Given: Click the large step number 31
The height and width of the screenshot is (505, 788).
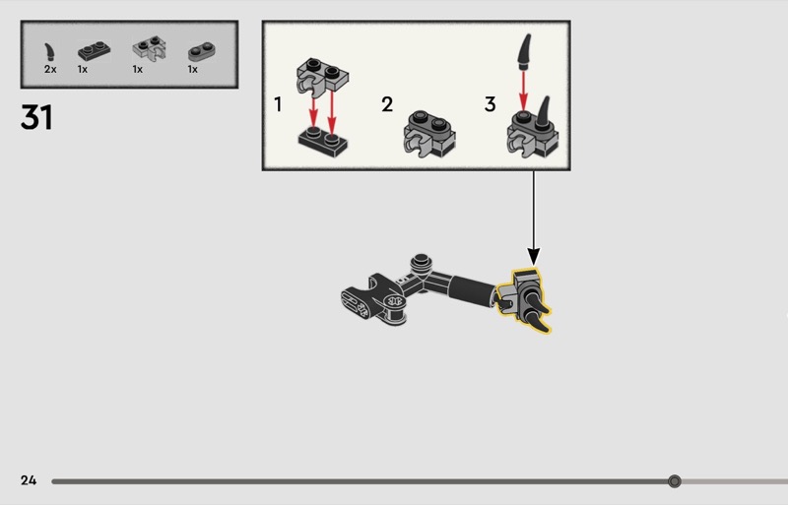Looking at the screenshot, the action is click(x=36, y=117).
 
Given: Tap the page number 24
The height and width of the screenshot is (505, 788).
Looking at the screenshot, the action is click(x=29, y=480).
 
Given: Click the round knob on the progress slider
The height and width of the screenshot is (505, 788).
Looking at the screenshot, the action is click(x=675, y=481).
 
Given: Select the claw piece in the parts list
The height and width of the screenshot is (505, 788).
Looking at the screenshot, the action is click(x=49, y=53).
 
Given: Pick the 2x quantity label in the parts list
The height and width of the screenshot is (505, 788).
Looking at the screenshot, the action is click(x=50, y=69).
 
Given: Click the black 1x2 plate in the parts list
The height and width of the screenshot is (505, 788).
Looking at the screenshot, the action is click(x=94, y=51).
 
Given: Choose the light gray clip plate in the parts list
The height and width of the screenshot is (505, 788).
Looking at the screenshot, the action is click(x=150, y=49).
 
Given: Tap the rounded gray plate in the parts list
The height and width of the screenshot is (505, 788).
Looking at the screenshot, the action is click(x=202, y=51).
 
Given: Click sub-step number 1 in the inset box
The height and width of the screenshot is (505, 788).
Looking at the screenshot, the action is click(x=278, y=104).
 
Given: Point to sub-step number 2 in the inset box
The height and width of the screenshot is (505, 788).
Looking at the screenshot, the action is click(x=387, y=104).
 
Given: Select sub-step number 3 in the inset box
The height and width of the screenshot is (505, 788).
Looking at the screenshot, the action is click(x=490, y=104).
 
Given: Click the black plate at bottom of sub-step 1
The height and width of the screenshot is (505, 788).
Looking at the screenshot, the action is click(x=323, y=142).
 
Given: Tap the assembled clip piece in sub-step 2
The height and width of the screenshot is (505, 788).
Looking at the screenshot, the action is click(x=429, y=134).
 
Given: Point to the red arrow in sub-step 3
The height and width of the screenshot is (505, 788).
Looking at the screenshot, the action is click(x=524, y=91).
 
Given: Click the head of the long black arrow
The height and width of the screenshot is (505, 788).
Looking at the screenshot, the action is click(x=534, y=256).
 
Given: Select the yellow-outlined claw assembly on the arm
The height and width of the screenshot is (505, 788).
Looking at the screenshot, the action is click(x=524, y=300).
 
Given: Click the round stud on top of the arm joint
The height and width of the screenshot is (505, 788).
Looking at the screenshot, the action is click(x=422, y=262).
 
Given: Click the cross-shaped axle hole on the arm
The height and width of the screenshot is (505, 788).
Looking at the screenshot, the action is click(x=395, y=301).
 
